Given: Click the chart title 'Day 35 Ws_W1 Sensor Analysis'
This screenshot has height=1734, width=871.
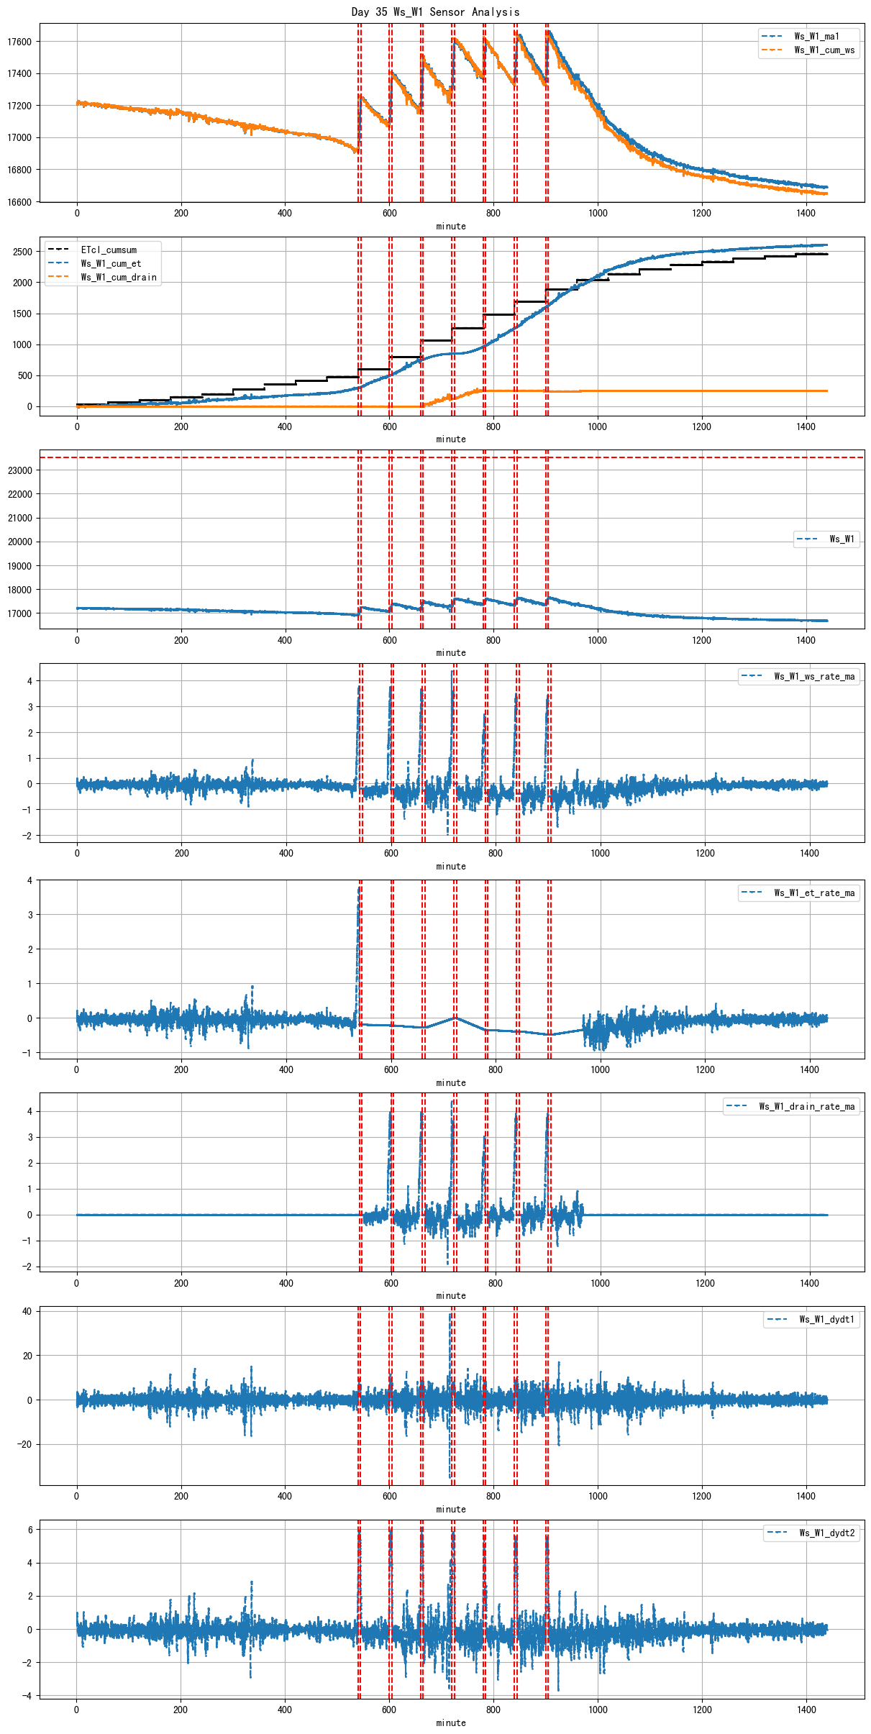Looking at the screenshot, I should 435,12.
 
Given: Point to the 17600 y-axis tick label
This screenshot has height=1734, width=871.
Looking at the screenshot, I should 19,42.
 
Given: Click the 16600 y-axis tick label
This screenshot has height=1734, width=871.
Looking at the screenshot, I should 19,202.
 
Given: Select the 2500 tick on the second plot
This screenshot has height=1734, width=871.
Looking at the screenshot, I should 22,252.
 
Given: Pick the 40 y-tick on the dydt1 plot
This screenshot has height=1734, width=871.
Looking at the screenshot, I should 27,1311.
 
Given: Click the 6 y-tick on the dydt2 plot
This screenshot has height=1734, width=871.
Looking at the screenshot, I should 29,1530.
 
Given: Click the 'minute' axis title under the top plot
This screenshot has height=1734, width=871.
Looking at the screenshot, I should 451,227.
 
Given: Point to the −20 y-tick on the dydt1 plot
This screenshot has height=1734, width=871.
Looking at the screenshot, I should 24,1444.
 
